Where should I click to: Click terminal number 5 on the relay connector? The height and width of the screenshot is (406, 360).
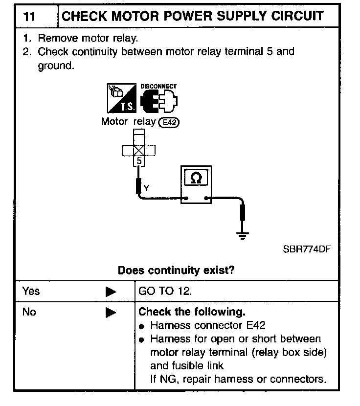(139, 160)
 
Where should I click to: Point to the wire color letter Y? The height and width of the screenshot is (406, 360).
(147, 187)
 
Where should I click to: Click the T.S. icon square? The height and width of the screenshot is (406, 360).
(121, 99)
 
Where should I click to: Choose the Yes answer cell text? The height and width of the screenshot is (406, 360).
(31, 291)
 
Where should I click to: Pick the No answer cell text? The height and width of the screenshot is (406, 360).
(29, 312)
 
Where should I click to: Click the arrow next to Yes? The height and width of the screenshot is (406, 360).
(111, 292)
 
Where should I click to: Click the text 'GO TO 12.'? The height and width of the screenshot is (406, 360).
(165, 291)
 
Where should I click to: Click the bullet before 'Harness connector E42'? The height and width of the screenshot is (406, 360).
(142, 326)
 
